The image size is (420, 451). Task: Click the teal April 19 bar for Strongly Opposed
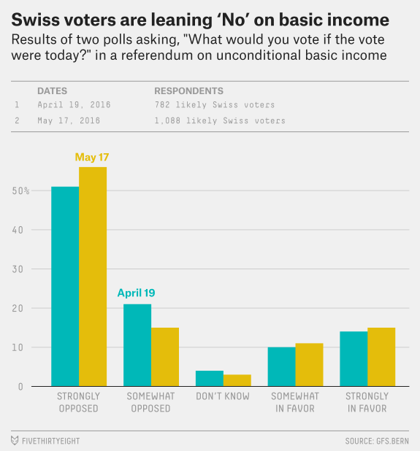pyautogui.click(x=65, y=287)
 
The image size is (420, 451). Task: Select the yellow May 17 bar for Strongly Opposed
pyautogui.click(x=93, y=277)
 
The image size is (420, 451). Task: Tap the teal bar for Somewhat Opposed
pyautogui.click(x=137, y=345)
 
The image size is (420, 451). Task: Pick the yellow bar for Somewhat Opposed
pyautogui.click(x=165, y=357)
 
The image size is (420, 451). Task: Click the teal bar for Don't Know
pyautogui.click(x=210, y=379)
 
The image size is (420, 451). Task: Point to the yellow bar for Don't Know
pyautogui.click(x=237, y=380)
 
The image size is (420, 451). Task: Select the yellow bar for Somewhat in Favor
pyautogui.click(x=310, y=365)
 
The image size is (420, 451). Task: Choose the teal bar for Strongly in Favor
pyautogui.click(x=354, y=359)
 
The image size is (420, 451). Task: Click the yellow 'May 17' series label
pyautogui.click(x=92, y=158)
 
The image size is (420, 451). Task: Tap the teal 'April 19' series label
pyautogui.click(x=136, y=293)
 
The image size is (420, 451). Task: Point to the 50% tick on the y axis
pyautogui.click(x=20, y=190)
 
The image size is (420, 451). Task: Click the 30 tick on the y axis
pyautogui.click(x=18, y=269)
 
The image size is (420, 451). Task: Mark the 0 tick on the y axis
pyautogui.click(x=20, y=387)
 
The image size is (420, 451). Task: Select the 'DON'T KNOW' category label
pyautogui.click(x=223, y=396)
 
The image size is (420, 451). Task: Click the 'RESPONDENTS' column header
pyautogui.click(x=189, y=91)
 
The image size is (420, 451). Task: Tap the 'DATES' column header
pyautogui.click(x=52, y=91)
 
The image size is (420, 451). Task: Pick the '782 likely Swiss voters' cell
pyautogui.click(x=215, y=104)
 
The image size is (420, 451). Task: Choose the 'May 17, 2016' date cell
pyautogui.click(x=69, y=120)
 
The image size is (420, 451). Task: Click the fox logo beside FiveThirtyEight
pyautogui.click(x=15, y=440)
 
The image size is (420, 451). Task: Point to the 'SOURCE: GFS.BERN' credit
pyautogui.click(x=377, y=441)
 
